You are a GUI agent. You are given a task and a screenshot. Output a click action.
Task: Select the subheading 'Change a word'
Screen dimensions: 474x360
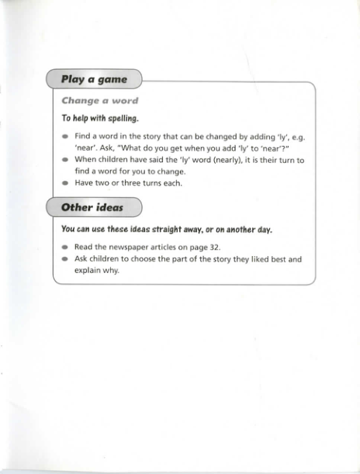coord(99,101)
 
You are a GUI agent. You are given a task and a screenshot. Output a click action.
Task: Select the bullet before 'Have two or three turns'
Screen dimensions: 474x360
coord(65,184)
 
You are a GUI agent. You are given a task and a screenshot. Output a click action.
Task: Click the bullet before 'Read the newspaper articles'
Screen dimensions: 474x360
coord(65,247)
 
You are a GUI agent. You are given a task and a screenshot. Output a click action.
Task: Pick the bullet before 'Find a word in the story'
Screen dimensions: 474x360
coord(65,136)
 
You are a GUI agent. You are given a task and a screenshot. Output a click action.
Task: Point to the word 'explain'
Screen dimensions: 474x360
coord(88,271)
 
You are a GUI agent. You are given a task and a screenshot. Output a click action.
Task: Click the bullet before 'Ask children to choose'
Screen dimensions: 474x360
coord(65,260)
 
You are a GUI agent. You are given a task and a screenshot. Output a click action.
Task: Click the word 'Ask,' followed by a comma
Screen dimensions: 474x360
coord(109,147)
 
